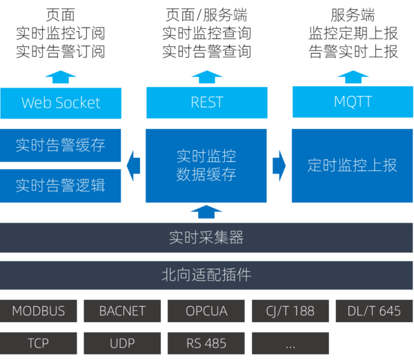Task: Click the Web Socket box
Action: [x=61, y=103]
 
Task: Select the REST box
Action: [x=206, y=103]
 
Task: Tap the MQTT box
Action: [x=353, y=103]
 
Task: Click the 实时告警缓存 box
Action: [x=61, y=146]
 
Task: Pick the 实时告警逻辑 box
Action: [x=61, y=186]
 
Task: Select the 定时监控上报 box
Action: [x=353, y=166]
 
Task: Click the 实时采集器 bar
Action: [x=206, y=239]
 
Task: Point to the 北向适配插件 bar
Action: [x=206, y=275]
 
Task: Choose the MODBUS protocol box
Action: [x=38, y=311]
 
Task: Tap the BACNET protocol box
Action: [x=122, y=311]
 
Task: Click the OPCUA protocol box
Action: [x=206, y=311]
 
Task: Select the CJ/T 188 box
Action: [x=290, y=311]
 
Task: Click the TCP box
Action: [x=38, y=343]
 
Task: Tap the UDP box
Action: [x=122, y=343]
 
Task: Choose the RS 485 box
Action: [x=206, y=343]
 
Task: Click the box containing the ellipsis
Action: [x=290, y=343]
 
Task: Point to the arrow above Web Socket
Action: [x=61, y=77]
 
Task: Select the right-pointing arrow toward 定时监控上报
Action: [x=279, y=166]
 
